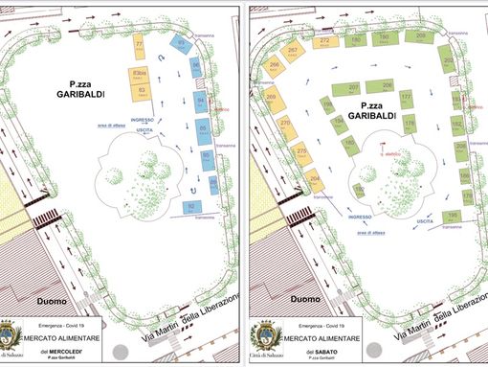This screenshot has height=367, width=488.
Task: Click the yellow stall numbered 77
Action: [x=140, y=47]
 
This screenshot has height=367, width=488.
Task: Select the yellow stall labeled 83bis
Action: [x=141, y=74]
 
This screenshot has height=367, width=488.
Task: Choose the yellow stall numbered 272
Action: [x=324, y=42]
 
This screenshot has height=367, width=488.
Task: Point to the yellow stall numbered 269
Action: [x=271, y=99]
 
